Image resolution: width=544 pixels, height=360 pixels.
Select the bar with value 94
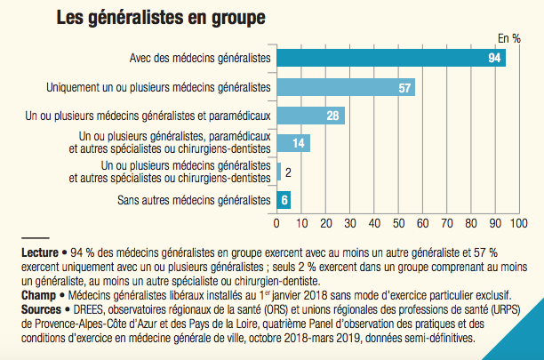pyautogui.click(x=391, y=59)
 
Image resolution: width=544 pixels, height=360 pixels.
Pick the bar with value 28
pyautogui.click(x=311, y=116)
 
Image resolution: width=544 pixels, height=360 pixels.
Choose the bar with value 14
pyautogui.click(x=294, y=143)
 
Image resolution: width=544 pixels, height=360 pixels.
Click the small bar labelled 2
pyautogui.click(x=279, y=172)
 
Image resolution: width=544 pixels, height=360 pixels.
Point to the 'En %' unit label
pyautogui.click(x=508, y=38)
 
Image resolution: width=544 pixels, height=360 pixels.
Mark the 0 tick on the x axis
pyautogui.click(x=277, y=221)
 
